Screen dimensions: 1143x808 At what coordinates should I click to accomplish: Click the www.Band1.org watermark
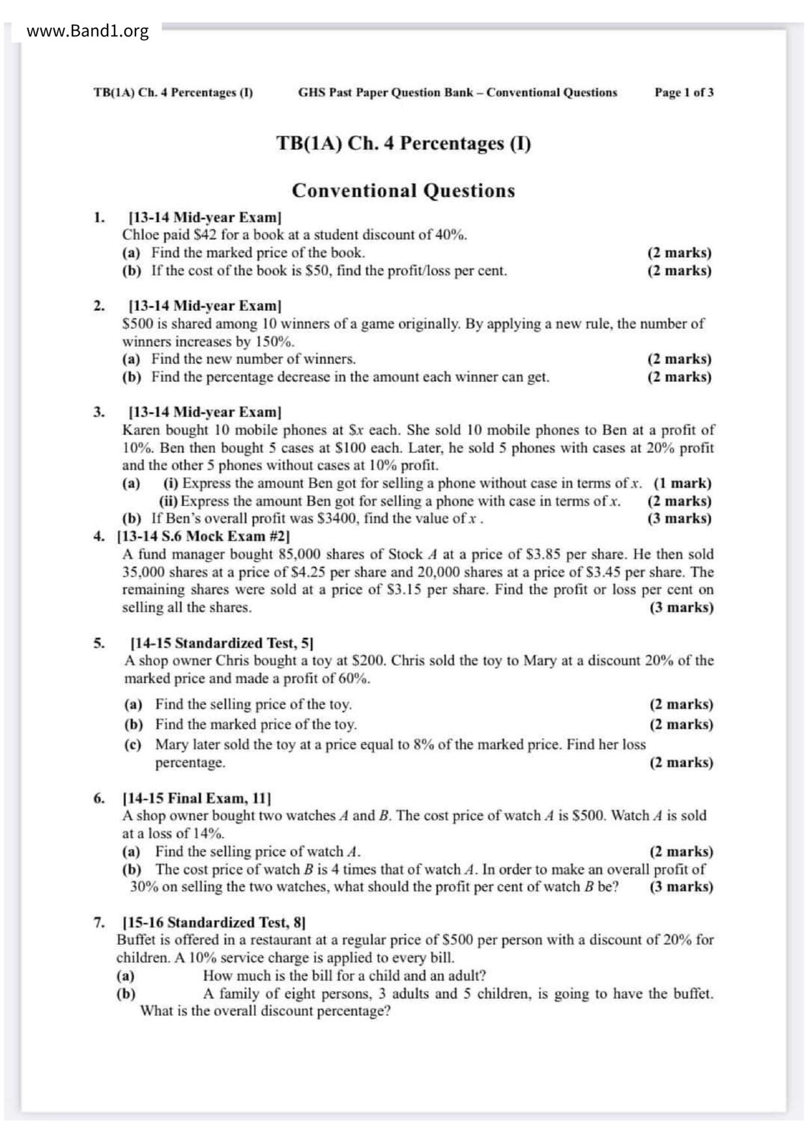tap(87, 31)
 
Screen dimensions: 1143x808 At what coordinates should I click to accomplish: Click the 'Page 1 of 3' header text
tap(684, 93)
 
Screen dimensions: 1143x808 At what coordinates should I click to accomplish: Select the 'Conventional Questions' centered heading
tap(403, 191)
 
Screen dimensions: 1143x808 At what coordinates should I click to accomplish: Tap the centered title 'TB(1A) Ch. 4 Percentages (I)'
tap(403, 143)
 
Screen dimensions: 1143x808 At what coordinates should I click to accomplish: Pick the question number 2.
tap(98, 306)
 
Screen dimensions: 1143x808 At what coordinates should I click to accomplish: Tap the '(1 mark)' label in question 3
tap(682, 484)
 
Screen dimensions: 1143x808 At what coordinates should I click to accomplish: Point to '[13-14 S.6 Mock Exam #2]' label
tap(203, 536)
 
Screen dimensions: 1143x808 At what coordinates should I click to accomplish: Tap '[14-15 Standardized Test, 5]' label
tap(222, 643)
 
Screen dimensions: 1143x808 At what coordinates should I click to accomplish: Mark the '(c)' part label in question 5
tap(133, 745)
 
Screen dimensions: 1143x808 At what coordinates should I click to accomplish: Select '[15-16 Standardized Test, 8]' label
tap(214, 923)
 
